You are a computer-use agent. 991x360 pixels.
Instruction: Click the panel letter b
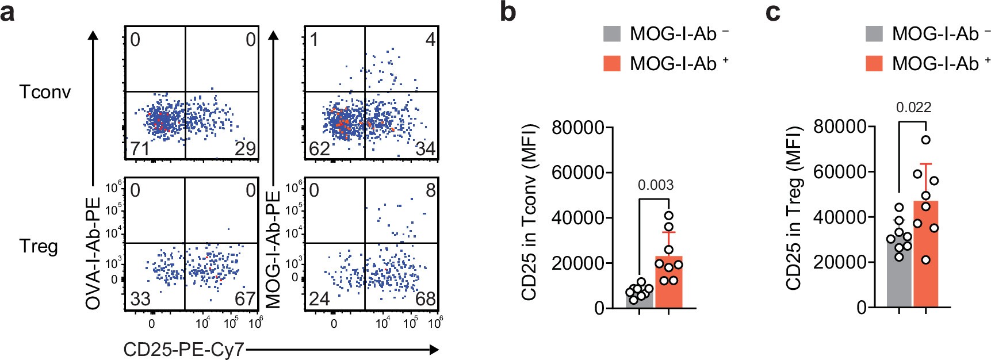point(507,12)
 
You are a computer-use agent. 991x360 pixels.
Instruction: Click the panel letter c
point(772,12)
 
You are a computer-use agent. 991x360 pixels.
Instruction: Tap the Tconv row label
point(45,92)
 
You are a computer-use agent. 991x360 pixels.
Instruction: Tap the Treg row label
point(39,246)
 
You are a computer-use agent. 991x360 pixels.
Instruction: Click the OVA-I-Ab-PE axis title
point(93,253)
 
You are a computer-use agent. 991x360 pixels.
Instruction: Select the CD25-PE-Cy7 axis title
point(183,350)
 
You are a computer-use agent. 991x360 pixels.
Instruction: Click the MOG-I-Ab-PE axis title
point(273,250)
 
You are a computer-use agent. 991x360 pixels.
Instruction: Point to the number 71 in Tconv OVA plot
point(139,149)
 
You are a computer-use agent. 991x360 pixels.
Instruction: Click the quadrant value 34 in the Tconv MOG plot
point(425,149)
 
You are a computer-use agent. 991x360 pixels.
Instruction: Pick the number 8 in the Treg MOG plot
point(430,190)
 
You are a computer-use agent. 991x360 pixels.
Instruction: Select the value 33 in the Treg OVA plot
point(140,299)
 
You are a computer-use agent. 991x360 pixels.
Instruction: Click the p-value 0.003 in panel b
point(655,185)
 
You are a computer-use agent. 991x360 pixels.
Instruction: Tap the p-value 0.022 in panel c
point(913,108)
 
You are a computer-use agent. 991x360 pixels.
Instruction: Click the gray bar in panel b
point(640,299)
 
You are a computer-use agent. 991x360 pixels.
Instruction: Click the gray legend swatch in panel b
point(612,34)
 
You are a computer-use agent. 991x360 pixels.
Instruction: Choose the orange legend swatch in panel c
point(874,63)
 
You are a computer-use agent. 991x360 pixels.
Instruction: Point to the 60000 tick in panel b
point(577,173)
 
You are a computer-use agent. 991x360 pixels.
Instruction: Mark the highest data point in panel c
point(925,140)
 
